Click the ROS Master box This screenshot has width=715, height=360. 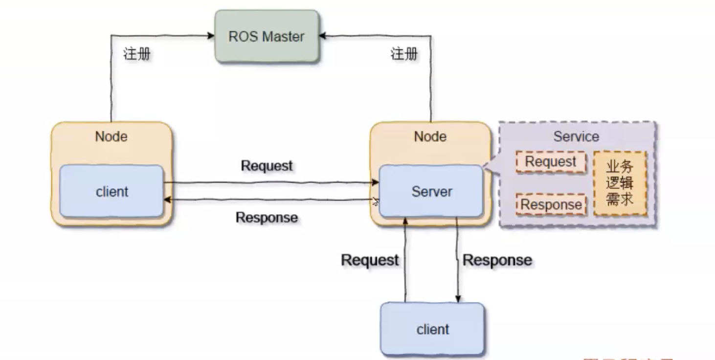point(267,37)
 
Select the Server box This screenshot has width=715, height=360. point(431,191)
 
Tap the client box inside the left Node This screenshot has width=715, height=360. point(112,191)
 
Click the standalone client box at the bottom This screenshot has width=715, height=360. point(432,329)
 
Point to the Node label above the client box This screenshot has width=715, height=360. point(111,136)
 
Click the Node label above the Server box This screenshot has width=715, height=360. point(430,136)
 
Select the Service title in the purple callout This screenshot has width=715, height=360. point(576,136)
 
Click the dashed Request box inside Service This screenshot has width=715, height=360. point(551,162)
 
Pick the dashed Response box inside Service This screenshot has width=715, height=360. point(551,204)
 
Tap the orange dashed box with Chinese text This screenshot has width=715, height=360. point(620,183)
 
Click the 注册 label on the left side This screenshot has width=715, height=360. point(137,54)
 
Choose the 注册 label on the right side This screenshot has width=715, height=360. point(404,54)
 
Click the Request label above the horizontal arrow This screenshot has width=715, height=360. point(267,166)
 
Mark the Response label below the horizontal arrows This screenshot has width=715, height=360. point(267,217)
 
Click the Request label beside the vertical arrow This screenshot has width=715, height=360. point(370,260)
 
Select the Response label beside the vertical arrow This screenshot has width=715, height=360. point(497,260)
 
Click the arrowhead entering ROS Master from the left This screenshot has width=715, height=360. point(211,35)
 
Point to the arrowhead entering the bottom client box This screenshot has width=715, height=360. point(458,299)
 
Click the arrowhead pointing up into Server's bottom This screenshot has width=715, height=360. point(405,221)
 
